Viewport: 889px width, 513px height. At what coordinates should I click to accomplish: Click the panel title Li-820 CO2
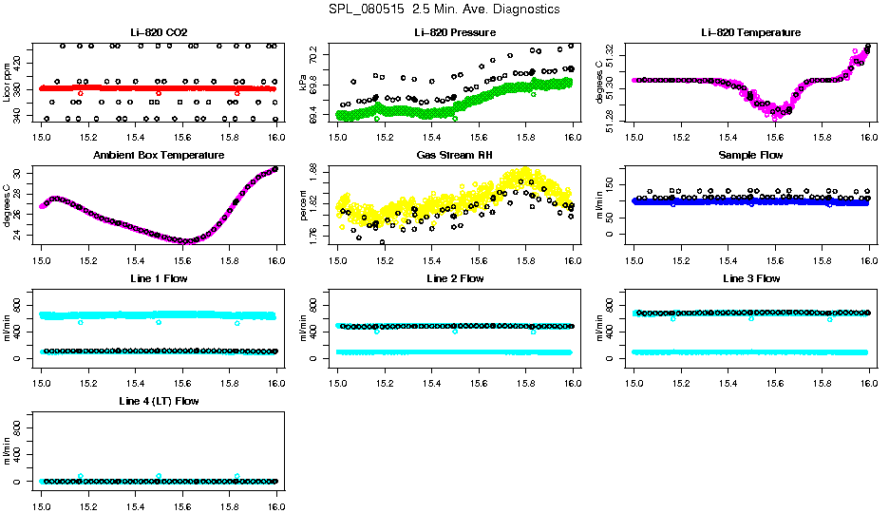pyautogui.click(x=159, y=33)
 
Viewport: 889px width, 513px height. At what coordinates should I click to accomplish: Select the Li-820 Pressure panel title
pyautogui.click(x=455, y=33)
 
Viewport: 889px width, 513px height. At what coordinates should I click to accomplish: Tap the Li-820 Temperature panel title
pyautogui.click(x=750, y=33)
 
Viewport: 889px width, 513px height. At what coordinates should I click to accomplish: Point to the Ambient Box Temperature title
pyautogui.click(x=159, y=155)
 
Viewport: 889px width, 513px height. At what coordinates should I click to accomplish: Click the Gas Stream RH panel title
pyautogui.click(x=455, y=155)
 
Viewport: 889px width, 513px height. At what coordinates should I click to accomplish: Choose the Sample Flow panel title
pyautogui.click(x=750, y=155)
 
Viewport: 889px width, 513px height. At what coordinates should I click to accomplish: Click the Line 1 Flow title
pyautogui.click(x=159, y=278)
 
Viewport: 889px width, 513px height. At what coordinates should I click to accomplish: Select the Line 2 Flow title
pyautogui.click(x=455, y=278)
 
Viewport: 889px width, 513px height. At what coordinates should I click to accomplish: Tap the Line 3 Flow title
pyautogui.click(x=750, y=278)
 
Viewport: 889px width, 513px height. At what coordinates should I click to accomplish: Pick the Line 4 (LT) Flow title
pyautogui.click(x=159, y=401)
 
